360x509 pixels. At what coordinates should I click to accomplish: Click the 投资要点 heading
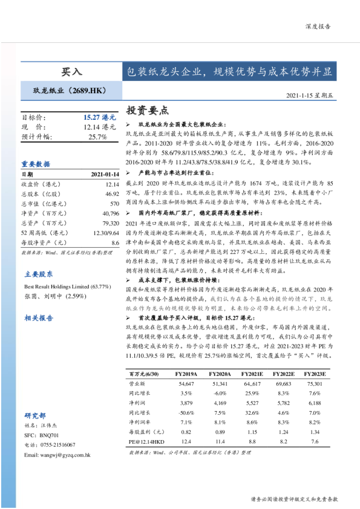pyautogui.click(x=147, y=111)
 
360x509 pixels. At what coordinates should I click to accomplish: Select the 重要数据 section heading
pyautogui.click(x=36, y=163)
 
